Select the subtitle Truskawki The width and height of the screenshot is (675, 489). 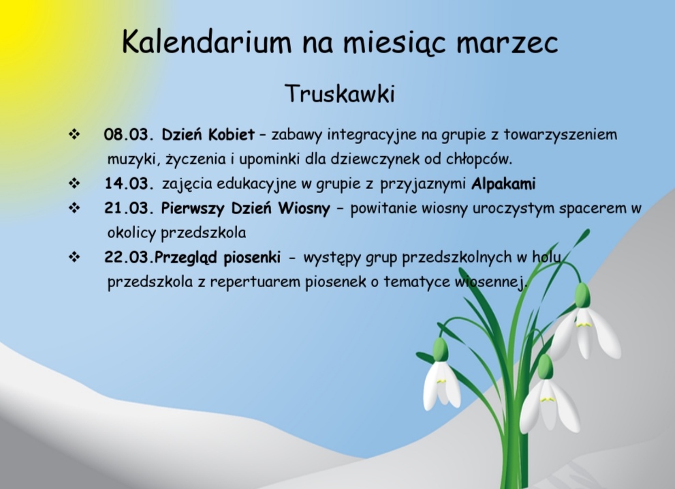pos(340,93)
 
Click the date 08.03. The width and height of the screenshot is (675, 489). pos(129,134)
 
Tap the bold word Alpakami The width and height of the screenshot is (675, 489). pos(503,184)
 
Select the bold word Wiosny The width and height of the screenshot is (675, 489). pos(304,209)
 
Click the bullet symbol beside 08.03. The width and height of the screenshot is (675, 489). pos(74,134)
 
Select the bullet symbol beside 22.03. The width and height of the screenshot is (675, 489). pos(74,257)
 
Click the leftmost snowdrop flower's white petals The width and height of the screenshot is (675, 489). pos(441,385)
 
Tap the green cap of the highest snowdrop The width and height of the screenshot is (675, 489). pos(582,295)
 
